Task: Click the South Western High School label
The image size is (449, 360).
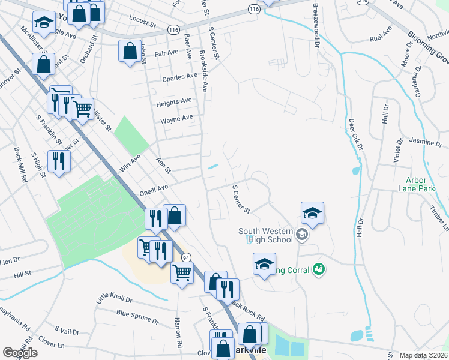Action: pyautogui.click(x=266, y=235)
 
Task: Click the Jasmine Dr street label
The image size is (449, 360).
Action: pyautogui.click(x=424, y=142)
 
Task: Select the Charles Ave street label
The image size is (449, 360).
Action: pyautogui.click(x=179, y=77)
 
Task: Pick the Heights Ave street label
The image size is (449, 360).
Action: pyautogui.click(x=173, y=102)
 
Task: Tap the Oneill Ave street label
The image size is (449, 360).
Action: pyautogui.click(x=154, y=188)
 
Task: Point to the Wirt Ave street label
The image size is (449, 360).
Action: pyautogui.click(x=130, y=163)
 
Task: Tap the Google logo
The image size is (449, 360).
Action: pyautogui.click(x=20, y=353)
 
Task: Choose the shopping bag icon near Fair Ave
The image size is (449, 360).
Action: pyautogui.click(x=130, y=51)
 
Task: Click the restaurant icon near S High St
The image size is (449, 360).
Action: pyautogui.click(x=59, y=160)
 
